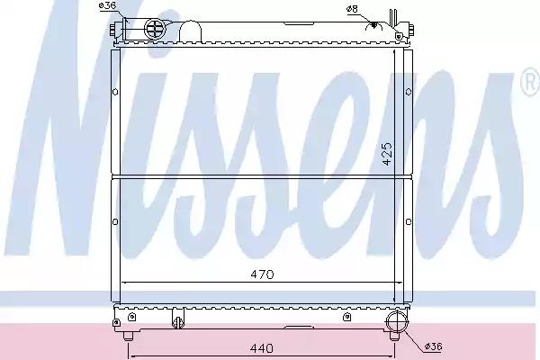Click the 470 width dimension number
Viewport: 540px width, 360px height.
pyautogui.click(x=262, y=274)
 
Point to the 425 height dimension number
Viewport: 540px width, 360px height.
pyautogui.click(x=387, y=154)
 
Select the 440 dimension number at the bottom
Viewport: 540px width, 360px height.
pyautogui.click(x=262, y=348)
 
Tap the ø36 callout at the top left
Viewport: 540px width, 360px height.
pyautogui.click(x=107, y=5)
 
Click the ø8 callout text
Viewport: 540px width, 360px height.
pyautogui.click(x=352, y=9)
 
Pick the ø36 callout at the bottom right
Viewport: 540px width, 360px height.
pyautogui.click(x=433, y=346)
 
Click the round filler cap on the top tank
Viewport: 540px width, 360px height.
pyautogui.click(x=156, y=28)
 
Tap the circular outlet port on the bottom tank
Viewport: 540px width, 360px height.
pyautogui.click(x=396, y=322)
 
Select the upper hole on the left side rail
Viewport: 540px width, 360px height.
pyautogui.click(x=115, y=92)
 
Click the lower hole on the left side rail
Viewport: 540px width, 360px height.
pyautogui.click(x=115, y=222)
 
